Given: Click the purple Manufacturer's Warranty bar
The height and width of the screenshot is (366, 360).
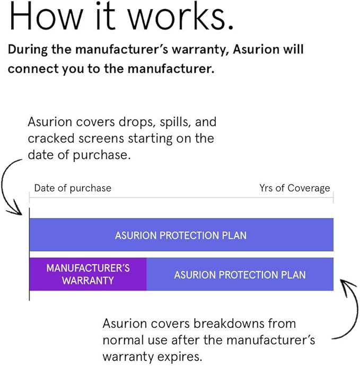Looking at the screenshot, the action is (x=88, y=274).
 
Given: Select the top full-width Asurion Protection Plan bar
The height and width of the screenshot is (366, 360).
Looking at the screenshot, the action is (x=181, y=235).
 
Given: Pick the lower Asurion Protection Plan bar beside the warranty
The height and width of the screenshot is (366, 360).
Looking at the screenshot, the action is (x=240, y=275).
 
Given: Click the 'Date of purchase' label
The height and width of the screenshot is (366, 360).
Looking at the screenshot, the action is (x=73, y=188).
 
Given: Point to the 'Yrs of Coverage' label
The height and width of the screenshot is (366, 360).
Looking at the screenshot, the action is (x=294, y=188).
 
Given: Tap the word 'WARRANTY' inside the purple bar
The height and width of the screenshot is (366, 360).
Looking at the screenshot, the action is (x=88, y=281).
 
